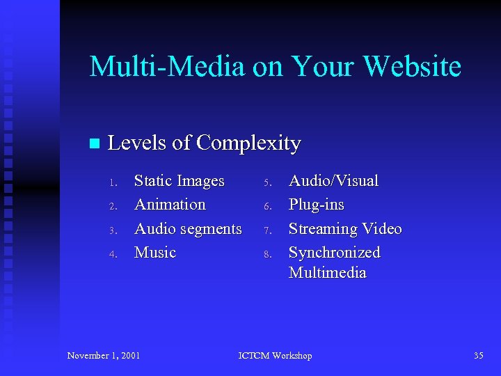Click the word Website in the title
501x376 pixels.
[x=413, y=67]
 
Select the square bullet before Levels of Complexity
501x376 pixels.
[x=95, y=143]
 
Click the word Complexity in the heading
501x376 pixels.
[x=248, y=143]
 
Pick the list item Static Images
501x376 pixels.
[x=179, y=181]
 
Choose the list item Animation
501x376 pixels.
[x=170, y=205]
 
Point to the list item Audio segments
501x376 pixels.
[x=188, y=228]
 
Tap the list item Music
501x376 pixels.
[x=154, y=252]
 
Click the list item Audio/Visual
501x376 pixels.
[x=333, y=181]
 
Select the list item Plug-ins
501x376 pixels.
[x=316, y=205]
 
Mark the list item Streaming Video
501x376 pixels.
[x=345, y=228]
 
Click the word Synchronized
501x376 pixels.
[x=334, y=252]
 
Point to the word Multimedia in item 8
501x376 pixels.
[x=327, y=272]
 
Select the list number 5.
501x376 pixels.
[x=266, y=183]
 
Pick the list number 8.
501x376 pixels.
[x=266, y=254]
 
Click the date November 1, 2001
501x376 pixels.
[x=104, y=356]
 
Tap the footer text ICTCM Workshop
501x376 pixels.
[x=275, y=356]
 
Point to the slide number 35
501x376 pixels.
[x=478, y=356]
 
